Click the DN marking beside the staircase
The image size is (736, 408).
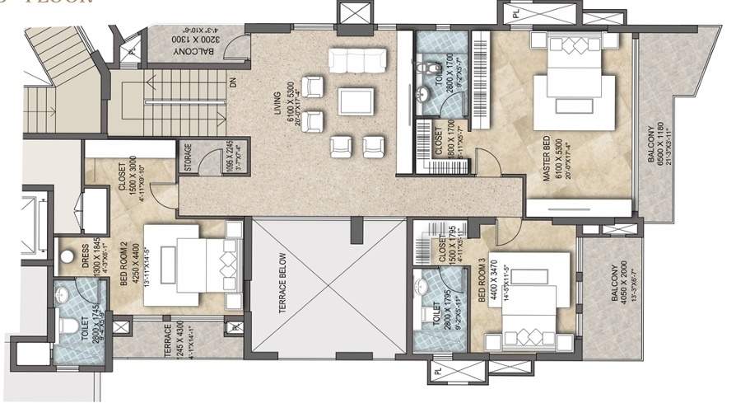(233, 83)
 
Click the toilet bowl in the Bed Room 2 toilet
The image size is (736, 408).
(68, 326)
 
